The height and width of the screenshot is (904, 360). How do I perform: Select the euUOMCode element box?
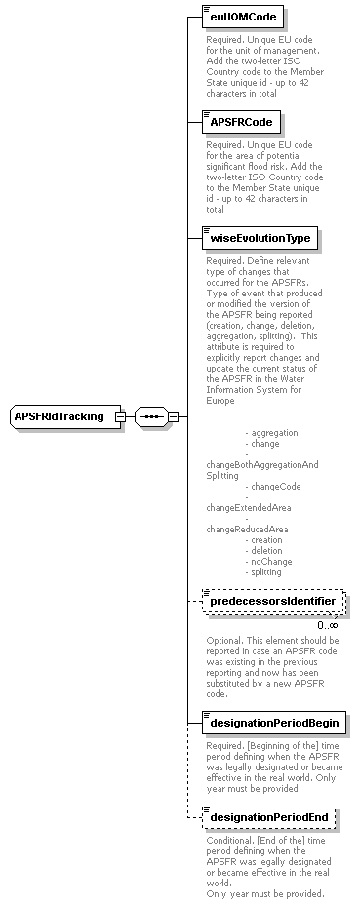point(242,17)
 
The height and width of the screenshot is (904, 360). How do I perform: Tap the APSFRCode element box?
point(241,122)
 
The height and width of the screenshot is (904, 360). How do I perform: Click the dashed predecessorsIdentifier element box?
point(272,602)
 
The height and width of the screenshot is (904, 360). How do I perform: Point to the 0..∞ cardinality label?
point(327,625)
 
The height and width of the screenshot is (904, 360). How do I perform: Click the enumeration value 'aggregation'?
point(274,432)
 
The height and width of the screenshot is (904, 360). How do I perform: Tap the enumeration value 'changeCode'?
point(275,486)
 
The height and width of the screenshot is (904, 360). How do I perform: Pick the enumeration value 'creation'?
point(266,539)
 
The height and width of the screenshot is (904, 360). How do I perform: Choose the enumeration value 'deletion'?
point(266,550)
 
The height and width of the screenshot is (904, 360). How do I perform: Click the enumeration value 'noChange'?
point(270,561)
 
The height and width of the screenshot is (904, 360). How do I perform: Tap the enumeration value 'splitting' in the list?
point(266,571)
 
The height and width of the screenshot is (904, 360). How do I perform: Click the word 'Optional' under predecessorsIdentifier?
point(224,641)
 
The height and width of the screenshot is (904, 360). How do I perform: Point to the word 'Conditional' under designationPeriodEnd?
point(229,841)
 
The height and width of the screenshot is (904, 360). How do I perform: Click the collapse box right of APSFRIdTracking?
point(120,417)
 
